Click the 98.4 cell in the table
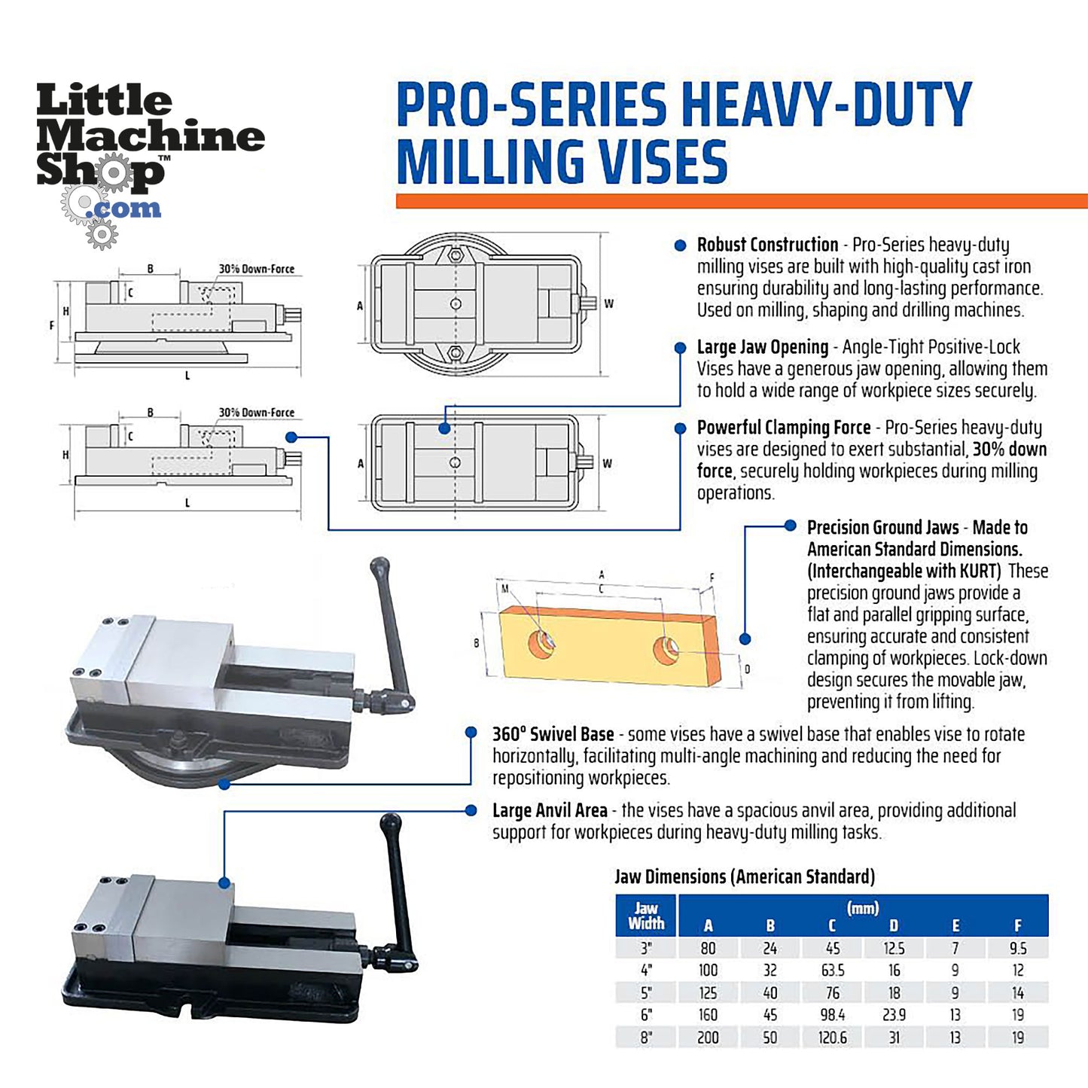click(x=832, y=1015)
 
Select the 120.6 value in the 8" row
click(x=832, y=1038)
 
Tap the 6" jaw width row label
click(x=646, y=1015)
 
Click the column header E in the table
click(x=955, y=925)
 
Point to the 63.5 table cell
click(x=832, y=971)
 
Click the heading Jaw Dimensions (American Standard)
click(x=745, y=876)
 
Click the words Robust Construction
click(x=767, y=245)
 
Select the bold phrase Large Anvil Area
click(x=550, y=811)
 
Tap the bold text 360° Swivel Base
click(x=553, y=734)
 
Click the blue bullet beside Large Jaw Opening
click(x=681, y=348)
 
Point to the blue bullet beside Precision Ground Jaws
click(x=790, y=526)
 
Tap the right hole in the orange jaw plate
click(x=666, y=649)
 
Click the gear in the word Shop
click(x=114, y=173)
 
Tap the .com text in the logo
click(x=124, y=209)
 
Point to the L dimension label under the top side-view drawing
click(x=187, y=376)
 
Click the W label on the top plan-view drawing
click(x=608, y=304)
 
